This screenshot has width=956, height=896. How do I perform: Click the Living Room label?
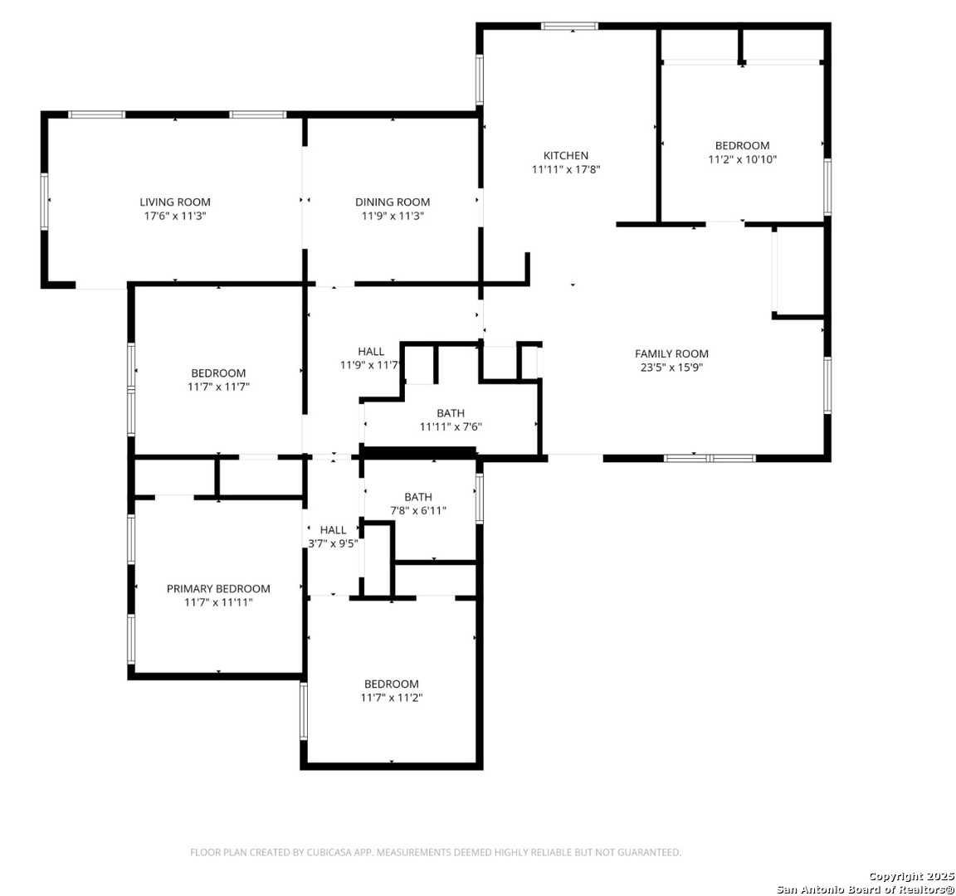(175, 202)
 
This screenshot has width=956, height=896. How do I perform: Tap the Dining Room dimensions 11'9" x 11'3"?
(393, 216)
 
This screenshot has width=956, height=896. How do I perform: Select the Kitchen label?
(566, 155)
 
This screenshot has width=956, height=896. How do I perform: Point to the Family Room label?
(671, 353)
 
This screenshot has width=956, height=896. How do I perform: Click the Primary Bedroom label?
(218, 589)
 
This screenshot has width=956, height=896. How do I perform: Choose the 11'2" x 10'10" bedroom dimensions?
(742, 159)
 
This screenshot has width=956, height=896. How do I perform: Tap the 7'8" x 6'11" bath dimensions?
(418, 511)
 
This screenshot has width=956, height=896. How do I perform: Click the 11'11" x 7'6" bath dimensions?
(451, 426)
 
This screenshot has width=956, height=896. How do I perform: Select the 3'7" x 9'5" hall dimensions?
(333, 543)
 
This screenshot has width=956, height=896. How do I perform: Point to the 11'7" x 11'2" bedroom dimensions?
(392, 698)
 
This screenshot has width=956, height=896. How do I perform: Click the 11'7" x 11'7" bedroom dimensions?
(218, 387)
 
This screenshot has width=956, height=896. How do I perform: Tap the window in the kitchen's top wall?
(570, 27)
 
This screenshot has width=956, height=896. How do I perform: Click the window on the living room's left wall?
(45, 202)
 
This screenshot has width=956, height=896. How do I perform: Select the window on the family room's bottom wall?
(710, 458)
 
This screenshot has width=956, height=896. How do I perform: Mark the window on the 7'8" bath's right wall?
(479, 499)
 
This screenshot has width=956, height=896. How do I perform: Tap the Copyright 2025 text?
(911, 876)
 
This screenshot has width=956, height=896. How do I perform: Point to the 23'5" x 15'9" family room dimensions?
(671, 368)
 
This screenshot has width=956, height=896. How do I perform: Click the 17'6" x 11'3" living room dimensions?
(175, 216)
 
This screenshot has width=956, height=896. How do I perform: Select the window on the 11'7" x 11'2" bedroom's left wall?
(304, 711)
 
